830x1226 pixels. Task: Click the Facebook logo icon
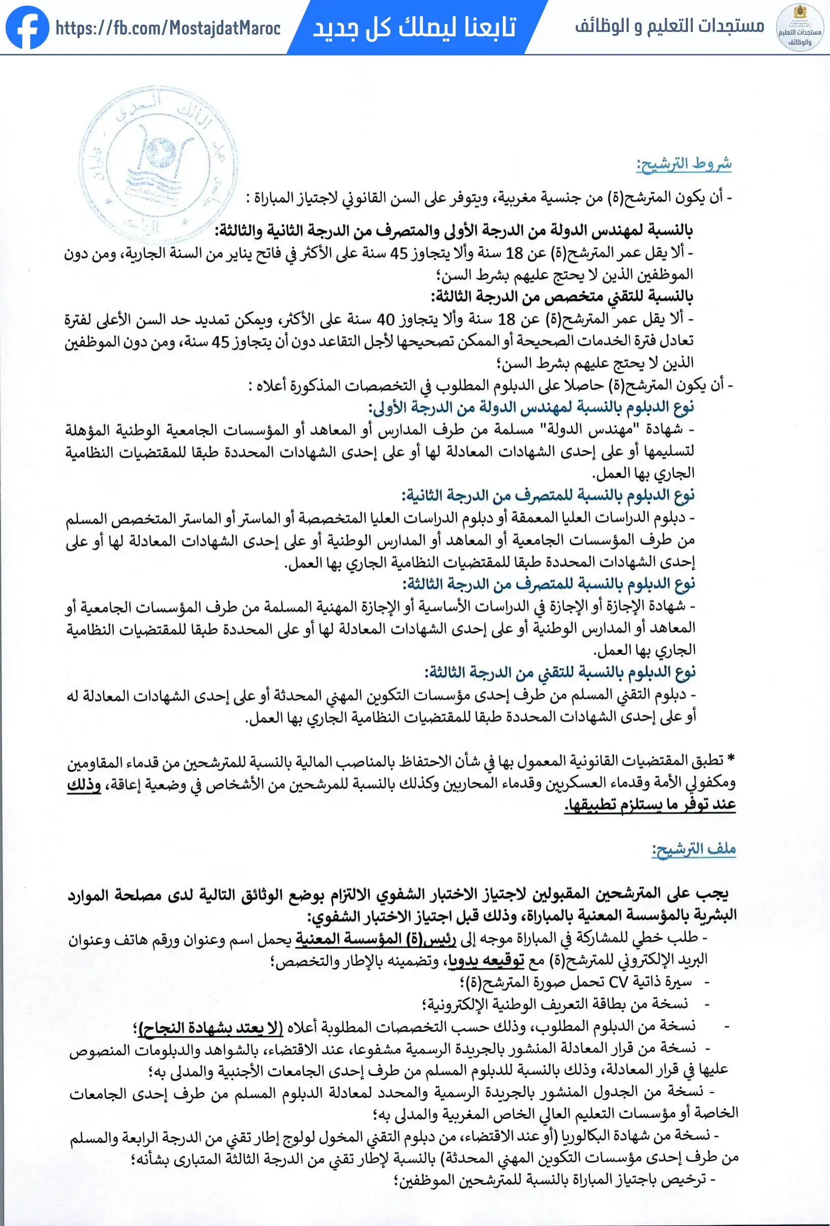(x=27, y=27)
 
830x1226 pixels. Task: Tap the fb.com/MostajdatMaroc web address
(x=168, y=27)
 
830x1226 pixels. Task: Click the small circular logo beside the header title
(x=800, y=27)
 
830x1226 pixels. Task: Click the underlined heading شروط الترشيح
(x=684, y=164)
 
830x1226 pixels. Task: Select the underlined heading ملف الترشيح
(x=693, y=849)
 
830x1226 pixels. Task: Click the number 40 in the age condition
(x=385, y=320)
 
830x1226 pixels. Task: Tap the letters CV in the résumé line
(x=618, y=983)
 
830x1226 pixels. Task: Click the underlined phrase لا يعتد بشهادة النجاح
(x=210, y=1027)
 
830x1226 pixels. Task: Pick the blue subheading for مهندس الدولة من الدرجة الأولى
(x=530, y=407)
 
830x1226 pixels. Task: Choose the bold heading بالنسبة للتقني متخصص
(x=562, y=297)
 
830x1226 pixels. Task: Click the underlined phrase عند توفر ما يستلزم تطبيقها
(x=650, y=805)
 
